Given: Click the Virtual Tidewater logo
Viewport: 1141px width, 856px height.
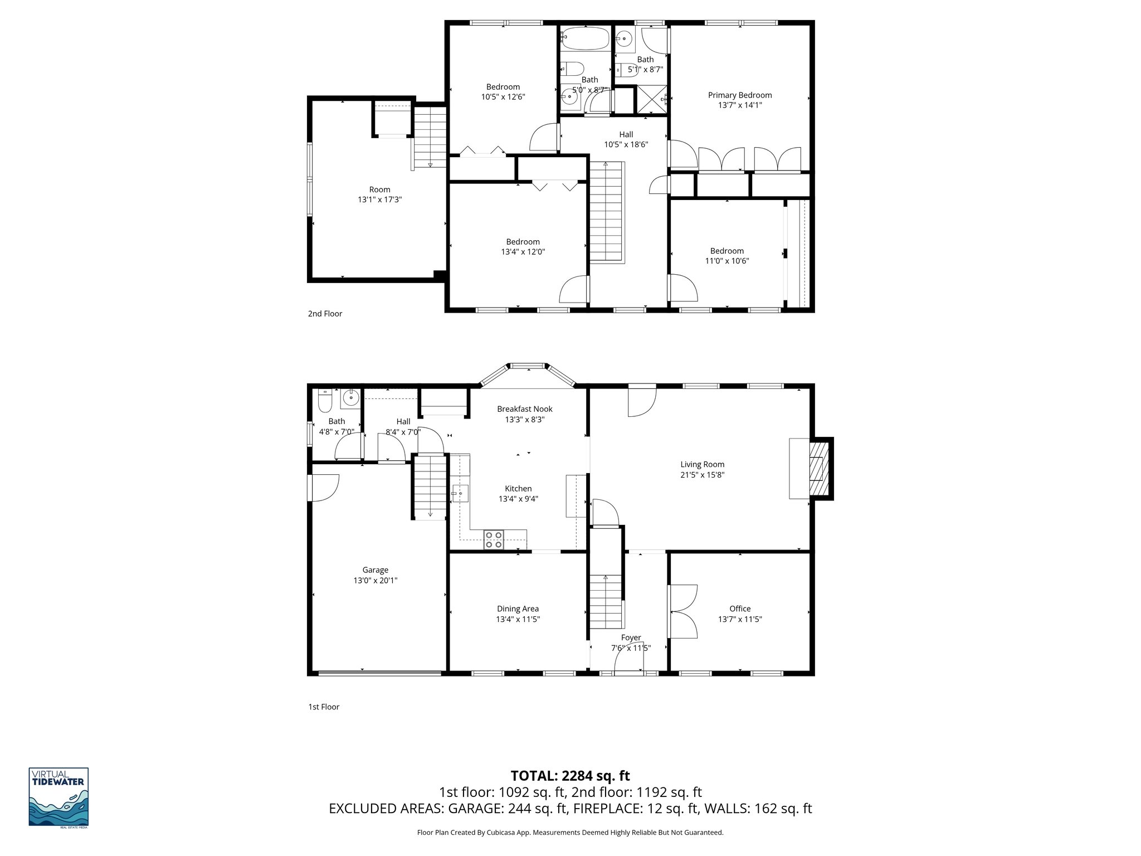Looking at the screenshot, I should click(x=58, y=797).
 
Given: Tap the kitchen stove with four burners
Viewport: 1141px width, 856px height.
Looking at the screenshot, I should click(x=494, y=539).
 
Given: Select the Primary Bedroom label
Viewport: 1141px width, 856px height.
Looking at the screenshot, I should click(x=739, y=95).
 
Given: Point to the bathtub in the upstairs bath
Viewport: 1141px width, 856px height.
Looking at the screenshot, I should click(x=584, y=38).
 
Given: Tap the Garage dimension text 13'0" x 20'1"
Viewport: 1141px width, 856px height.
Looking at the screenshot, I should click(x=375, y=580).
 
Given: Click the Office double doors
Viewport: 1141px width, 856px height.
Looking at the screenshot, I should click(x=682, y=611).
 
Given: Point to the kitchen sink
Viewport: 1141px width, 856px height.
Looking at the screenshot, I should click(x=461, y=494).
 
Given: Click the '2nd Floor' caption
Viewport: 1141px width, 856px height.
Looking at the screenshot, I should click(x=325, y=314).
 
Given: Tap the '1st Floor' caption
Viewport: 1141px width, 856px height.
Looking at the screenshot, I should click(x=324, y=707).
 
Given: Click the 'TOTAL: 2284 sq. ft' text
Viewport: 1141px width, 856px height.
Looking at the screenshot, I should click(x=570, y=776).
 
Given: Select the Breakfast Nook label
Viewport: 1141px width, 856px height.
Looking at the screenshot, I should click(x=524, y=409).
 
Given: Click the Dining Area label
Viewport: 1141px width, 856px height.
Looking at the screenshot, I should click(x=518, y=609).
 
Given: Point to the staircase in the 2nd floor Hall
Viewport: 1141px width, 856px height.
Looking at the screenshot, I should click(x=606, y=212).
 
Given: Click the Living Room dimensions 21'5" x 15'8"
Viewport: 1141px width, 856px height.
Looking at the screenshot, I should click(x=702, y=475).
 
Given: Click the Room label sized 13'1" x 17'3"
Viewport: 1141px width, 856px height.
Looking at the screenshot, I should click(x=379, y=189).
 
